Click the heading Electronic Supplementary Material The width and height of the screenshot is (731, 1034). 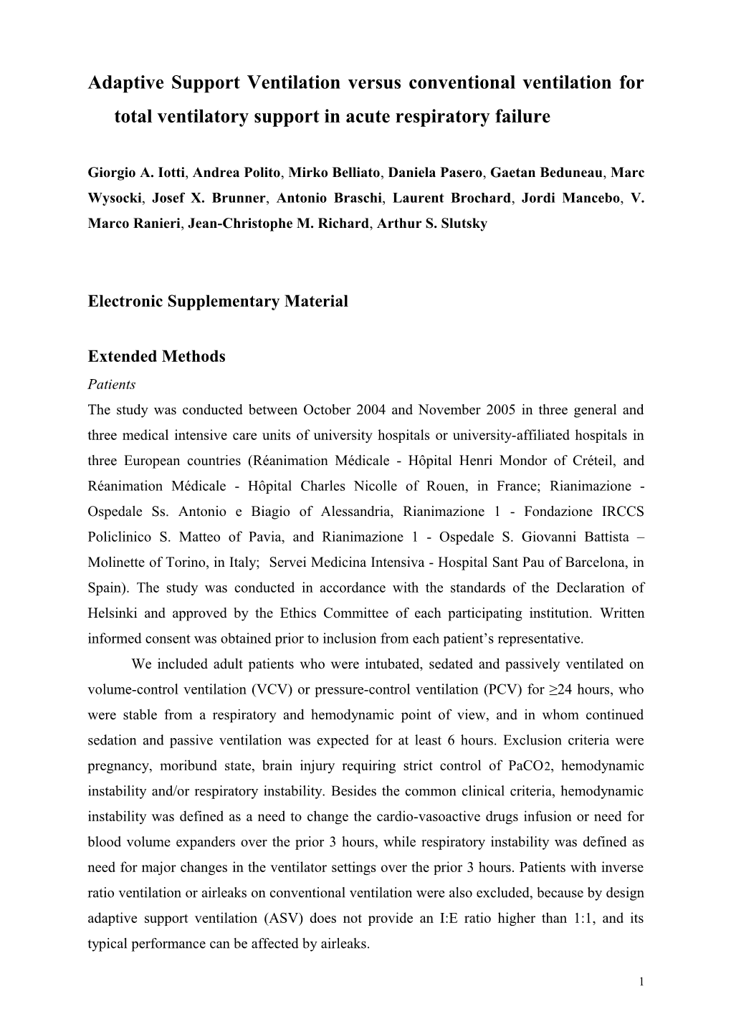tap(218, 301)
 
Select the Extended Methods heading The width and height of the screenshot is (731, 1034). tap(156, 357)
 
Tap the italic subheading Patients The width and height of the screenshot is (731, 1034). tap(111, 384)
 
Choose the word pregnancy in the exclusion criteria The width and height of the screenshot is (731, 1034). tap(118, 766)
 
